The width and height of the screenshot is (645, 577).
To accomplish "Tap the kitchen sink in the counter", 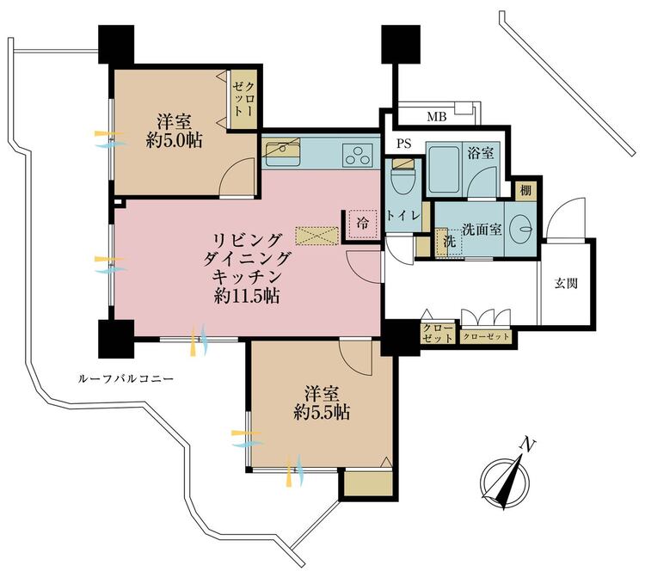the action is point(283,152).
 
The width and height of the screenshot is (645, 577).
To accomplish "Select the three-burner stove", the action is point(357,155).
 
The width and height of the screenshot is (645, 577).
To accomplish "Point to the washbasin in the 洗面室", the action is point(521,228).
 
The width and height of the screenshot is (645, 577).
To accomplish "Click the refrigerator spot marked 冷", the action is point(363,224).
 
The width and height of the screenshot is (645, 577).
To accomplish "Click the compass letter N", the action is point(527,445).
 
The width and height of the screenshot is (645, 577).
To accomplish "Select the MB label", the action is point(436,118).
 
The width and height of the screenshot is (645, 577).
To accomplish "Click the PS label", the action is point(404,144).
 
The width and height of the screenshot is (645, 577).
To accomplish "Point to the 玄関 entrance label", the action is point(566,284).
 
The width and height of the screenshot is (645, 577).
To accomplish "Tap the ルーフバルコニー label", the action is point(126,378).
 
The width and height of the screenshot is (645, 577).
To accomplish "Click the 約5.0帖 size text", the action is point(174,141).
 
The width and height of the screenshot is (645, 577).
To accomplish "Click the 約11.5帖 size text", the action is point(247,296).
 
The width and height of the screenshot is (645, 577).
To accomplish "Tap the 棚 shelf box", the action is point(525,190).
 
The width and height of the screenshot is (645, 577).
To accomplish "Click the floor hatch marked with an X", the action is point(317,236).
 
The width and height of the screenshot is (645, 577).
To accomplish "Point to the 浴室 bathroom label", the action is point(481,153).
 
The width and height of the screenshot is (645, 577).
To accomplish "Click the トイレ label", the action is point(402,216).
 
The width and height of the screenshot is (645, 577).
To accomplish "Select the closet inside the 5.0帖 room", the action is point(243,99).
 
